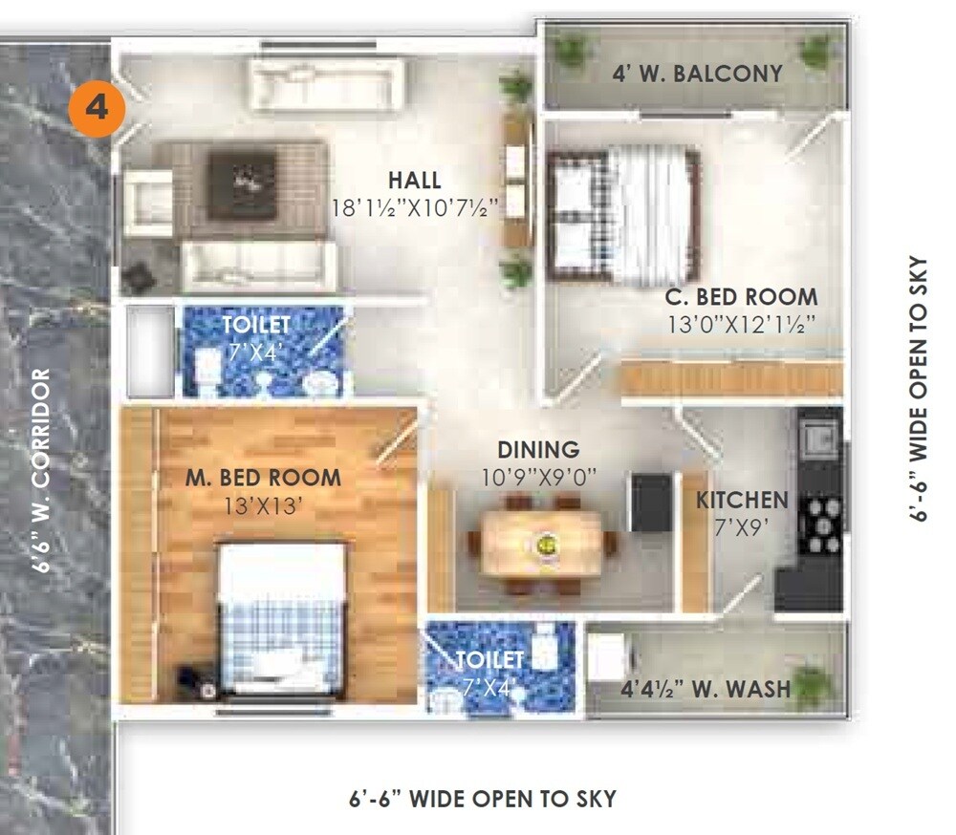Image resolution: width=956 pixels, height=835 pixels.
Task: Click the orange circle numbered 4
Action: coord(97,108)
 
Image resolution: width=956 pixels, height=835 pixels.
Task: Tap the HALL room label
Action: coord(414,180)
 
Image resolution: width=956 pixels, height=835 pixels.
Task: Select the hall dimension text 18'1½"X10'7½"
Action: coord(416,207)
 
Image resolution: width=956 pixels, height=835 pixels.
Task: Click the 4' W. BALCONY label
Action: coord(697,73)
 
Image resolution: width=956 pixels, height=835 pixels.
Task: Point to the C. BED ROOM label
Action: coord(741,297)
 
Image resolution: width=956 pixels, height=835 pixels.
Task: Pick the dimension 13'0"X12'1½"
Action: coord(741,325)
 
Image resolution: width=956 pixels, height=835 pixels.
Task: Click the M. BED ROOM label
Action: coord(262,477)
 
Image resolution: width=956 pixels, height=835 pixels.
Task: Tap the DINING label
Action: coord(538,449)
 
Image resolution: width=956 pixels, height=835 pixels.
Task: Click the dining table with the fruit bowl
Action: coord(542,544)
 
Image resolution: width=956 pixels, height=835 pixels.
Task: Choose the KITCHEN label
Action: coord(742,500)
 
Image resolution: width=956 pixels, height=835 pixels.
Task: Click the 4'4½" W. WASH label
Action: coord(706,689)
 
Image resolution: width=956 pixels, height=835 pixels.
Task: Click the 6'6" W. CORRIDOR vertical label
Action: coord(40,470)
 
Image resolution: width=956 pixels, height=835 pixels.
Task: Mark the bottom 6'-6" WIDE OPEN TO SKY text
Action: coord(482,799)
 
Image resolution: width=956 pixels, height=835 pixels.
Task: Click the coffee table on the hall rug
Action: coord(242,179)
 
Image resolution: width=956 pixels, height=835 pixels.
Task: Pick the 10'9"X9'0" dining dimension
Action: coord(538,476)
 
